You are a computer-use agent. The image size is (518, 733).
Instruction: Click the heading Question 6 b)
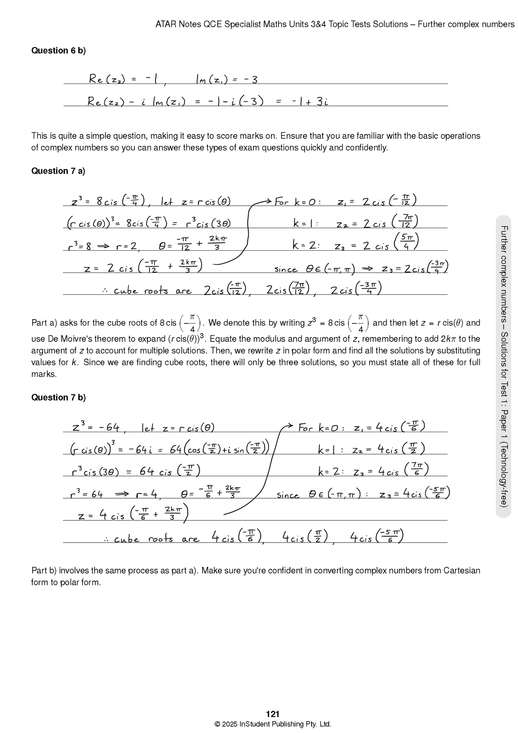pos(58,51)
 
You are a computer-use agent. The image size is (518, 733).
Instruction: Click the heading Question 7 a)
pos(58,171)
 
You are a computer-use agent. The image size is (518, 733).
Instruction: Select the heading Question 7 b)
pos(58,397)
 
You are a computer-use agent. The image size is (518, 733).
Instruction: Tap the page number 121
pos(273,714)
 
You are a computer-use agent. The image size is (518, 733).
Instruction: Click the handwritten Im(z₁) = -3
pos(227,79)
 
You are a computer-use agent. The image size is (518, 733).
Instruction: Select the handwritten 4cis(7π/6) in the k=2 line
pos(403,470)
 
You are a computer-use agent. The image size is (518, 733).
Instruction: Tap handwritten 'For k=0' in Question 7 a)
pos(298,202)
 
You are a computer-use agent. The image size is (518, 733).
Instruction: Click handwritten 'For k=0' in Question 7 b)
pos(321,428)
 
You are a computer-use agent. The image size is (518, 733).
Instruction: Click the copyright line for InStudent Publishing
pos(272,724)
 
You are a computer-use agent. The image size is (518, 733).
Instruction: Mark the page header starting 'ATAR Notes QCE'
pos(335,24)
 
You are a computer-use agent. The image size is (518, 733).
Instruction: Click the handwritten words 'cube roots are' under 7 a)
pos(152,290)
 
